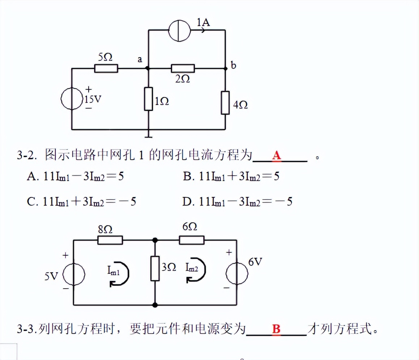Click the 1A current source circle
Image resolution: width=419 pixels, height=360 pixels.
click(179, 30)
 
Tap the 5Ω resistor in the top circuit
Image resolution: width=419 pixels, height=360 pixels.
click(106, 68)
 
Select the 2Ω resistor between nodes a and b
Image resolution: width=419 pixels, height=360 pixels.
click(183, 68)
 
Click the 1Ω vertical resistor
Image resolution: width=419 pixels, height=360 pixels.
click(149, 99)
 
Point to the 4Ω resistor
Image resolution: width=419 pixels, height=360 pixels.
click(225, 103)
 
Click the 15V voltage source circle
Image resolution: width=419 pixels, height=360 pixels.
click(72, 99)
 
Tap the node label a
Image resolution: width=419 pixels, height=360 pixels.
click(140, 59)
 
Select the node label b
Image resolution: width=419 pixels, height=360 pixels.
click(233, 65)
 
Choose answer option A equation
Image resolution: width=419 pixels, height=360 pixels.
click(75, 176)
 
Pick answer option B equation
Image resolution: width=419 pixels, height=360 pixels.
click(231, 176)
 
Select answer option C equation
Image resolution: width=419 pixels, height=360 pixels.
click(81, 201)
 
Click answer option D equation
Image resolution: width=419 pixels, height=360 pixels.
click(237, 201)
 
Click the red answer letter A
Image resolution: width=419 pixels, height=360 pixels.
click(276, 155)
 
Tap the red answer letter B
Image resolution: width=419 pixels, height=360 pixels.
click(276, 329)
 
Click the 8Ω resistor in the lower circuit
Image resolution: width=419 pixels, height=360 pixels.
click(110, 240)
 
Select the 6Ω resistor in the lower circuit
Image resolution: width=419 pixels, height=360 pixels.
click(192, 240)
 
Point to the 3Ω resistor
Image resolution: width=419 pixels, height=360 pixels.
click(155, 268)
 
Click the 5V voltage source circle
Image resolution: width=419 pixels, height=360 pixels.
click(74, 274)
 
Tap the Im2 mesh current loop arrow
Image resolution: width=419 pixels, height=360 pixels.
click(196, 269)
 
